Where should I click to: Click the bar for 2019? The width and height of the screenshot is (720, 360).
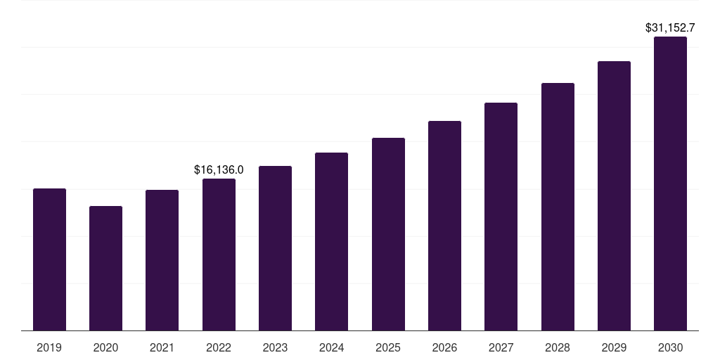pyautogui.click(x=49, y=259)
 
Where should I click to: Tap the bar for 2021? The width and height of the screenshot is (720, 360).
pyautogui.click(x=162, y=260)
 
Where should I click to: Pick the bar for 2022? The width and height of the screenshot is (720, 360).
pyautogui.click(x=219, y=255)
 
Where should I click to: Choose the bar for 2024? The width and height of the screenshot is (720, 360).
pyautogui.click(x=331, y=241)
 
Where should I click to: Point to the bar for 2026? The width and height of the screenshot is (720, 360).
pyautogui.click(x=444, y=226)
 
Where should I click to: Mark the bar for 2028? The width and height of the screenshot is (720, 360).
pyautogui.click(x=558, y=207)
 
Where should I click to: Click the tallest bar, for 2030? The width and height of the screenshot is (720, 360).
pyautogui.click(x=670, y=184)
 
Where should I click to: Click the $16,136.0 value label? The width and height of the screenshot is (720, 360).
pyautogui.click(x=219, y=169)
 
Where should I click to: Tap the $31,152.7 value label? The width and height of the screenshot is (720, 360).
pyautogui.click(x=670, y=28)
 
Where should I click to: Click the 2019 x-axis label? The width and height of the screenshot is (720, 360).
pyautogui.click(x=49, y=347)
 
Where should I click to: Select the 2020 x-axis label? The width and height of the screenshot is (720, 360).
pyautogui.click(x=105, y=347)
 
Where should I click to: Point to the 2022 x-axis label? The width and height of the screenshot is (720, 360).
pyautogui.click(x=219, y=347)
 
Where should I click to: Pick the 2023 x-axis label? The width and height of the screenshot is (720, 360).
pyautogui.click(x=275, y=347)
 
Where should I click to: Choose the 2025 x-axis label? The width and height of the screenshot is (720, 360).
pyautogui.click(x=388, y=347)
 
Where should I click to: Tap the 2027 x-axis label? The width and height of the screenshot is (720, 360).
pyautogui.click(x=501, y=347)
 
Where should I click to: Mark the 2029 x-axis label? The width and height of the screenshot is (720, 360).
pyautogui.click(x=614, y=347)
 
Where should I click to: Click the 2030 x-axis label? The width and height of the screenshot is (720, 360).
pyautogui.click(x=670, y=347)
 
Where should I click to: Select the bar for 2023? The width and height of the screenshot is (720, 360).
pyautogui.click(x=275, y=248)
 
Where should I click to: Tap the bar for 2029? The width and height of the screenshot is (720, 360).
pyautogui.click(x=614, y=196)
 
